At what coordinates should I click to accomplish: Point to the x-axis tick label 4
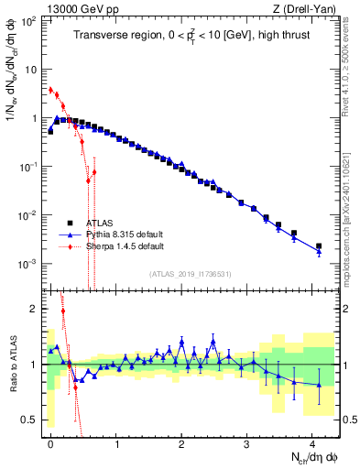[x=312, y=443]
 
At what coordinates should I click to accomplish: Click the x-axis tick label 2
[x=181, y=443]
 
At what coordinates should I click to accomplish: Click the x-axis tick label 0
[x=50, y=443]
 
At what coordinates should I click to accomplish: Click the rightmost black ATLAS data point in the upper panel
[x=319, y=246]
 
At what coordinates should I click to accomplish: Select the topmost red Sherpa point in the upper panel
[x=50, y=90]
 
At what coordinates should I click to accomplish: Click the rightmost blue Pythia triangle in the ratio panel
[x=319, y=385]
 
